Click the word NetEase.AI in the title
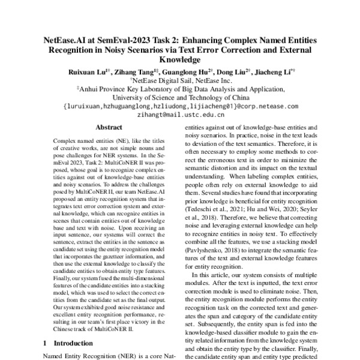pos(67,40)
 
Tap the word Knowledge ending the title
pos(180,61)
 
